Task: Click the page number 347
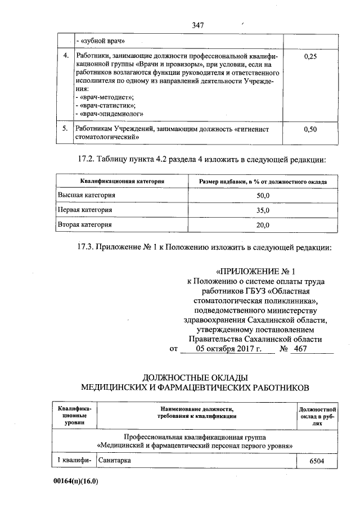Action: pyautogui.click(x=197, y=25)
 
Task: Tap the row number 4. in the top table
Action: pyautogui.click(x=66, y=57)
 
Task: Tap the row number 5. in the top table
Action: pyautogui.click(x=66, y=129)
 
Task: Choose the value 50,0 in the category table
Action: pyautogui.click(x=263, y=195)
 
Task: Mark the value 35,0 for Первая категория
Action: pyautogui.click(x=263, y=210)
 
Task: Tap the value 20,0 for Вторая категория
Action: pyautogui.click(x=263, y=224)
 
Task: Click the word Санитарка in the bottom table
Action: pyautogui.click(x=116, y=461)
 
